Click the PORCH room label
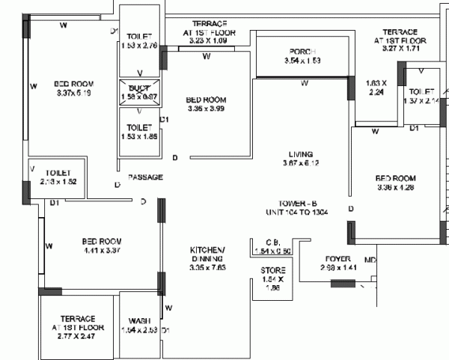pos(305,51)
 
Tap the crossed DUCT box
pos(140,92)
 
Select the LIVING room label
pos(298,154)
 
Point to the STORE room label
pos(273,270)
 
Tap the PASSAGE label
pos(145,177)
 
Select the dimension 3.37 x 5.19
pos(73,94)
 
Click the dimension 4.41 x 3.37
pos(101,251)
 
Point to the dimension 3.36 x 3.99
pos(206,109)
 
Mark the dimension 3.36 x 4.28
pos(395,188)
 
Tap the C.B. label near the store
pos(272,242)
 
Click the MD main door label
pos(370,260)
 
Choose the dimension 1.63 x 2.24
pos(376,88)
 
